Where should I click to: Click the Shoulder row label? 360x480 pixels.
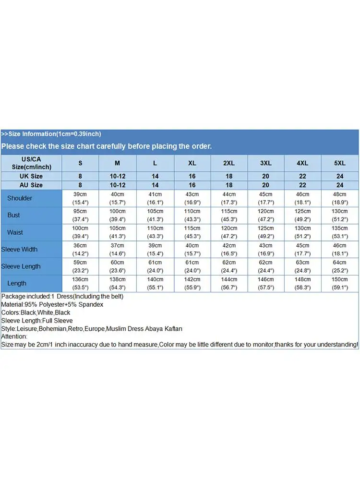coord(20,198)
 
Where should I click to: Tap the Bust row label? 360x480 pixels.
coord(13,216)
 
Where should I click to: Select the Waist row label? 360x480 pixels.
coord(15,232)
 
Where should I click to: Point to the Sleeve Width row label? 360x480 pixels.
coord(19,250)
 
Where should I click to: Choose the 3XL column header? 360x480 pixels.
coord(265,163)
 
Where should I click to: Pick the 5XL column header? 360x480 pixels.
coord(340,163)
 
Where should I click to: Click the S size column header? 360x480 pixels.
coord(80,163)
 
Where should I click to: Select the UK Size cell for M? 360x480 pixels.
coord(117,176)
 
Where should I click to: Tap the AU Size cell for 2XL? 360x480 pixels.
coord(229,185)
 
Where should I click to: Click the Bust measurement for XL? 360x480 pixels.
coord(192,216)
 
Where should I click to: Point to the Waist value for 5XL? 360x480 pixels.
coord(340,232)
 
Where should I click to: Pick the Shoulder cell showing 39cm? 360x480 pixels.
coord(80,198)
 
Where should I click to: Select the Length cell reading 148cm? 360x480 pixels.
coord(303,283)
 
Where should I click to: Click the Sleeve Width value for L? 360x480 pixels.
coord(155,250)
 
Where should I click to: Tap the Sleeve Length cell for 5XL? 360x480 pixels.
coord(340,266)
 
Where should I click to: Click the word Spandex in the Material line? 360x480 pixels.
coord(91,305)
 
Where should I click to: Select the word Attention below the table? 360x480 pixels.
coord(14,336)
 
